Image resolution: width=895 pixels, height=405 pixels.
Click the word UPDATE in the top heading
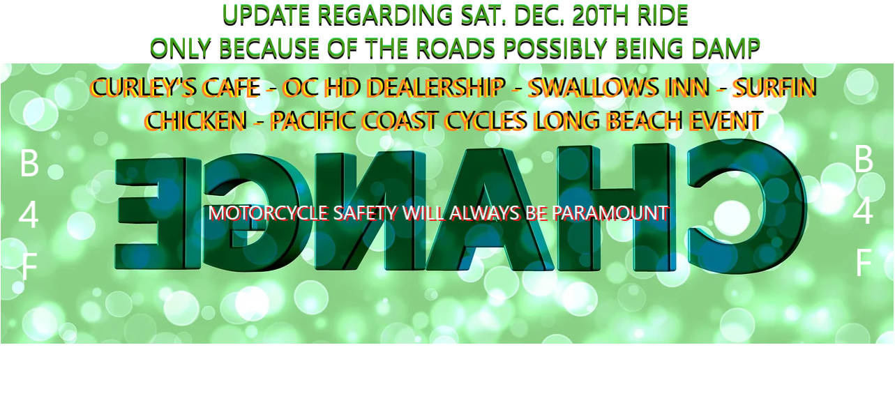pyautogui.click(x=266, y=15)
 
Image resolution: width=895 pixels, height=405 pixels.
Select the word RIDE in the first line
pyautogui.click(x=663, y=15)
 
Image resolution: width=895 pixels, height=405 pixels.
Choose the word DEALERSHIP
pyautogui.click(x=435, y=87)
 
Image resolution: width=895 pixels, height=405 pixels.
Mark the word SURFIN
pyautogui.click(x=774, y=87)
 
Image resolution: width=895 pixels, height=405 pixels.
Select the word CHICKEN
pyautogui.click(x=196, y=121)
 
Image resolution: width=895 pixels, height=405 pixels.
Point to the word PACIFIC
pyautogui.click(x=313, y=121)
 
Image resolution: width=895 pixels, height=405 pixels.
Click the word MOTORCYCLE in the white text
pyautogui.click(x=268, y=213)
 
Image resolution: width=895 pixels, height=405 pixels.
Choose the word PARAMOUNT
pyautogui.click(x=610, y=213)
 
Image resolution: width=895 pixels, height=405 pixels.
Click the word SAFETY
pyautogui.click(x=365, y=213)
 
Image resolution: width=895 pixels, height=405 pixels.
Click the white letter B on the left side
pyautogui.click(x=29, y=163)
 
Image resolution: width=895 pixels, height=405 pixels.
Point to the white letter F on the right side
pyautogui.click(x=864, y=263)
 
